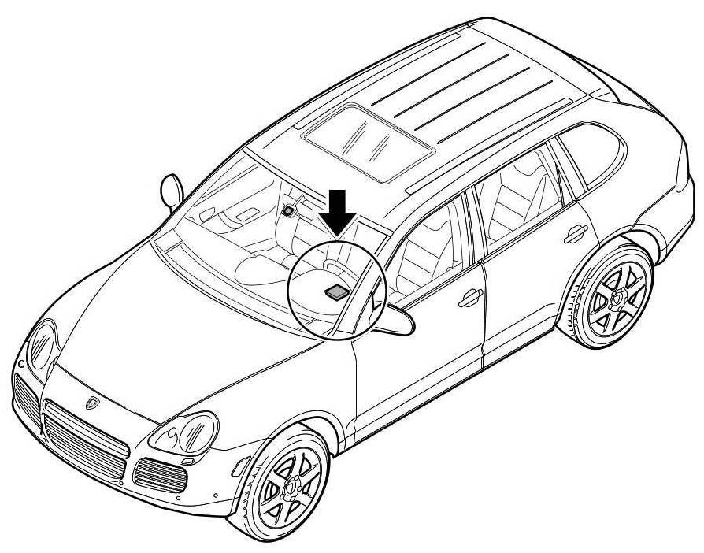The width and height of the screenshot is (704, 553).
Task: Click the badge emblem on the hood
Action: pos(91,401)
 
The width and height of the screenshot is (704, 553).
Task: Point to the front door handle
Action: pos(470,296)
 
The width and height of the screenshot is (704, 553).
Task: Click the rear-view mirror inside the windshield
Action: pos(291,210)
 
